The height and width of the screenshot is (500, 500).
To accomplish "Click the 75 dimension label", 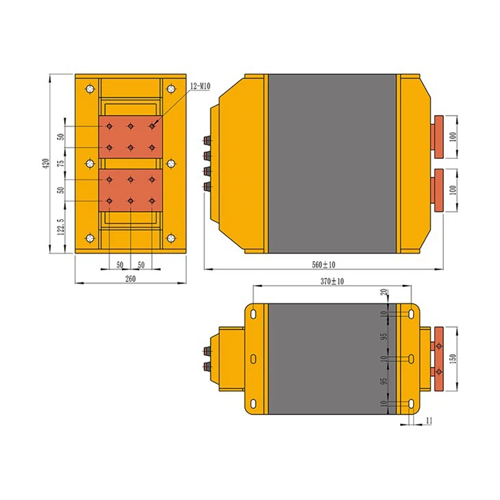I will tap(60, 163).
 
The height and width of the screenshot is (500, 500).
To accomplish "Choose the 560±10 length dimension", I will tap(323, 264).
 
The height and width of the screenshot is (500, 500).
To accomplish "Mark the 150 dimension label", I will tap(453, 359).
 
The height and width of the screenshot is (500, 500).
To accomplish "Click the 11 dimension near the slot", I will tap(429, 419).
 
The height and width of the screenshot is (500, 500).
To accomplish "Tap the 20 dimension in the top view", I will tap(384, 293).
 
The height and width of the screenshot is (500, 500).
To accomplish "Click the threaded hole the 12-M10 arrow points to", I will tap(152, 126).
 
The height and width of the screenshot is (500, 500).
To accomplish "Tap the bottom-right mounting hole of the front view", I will tap(171, 238).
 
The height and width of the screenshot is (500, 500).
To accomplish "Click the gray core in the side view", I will tap(332, 163).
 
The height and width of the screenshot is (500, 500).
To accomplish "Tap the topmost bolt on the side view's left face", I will tap(208, 141).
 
